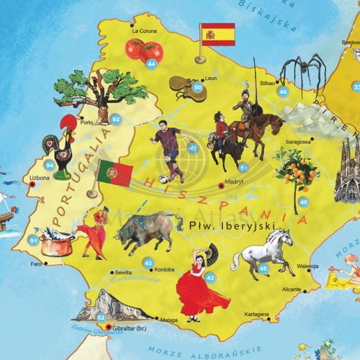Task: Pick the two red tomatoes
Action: [x=144, y=50]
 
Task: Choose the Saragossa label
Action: [x=297, y=142]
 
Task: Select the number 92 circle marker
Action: [x=116, y=119]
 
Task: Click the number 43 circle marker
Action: [x=210, y=277]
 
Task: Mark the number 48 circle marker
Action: [x=303, y=202]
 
